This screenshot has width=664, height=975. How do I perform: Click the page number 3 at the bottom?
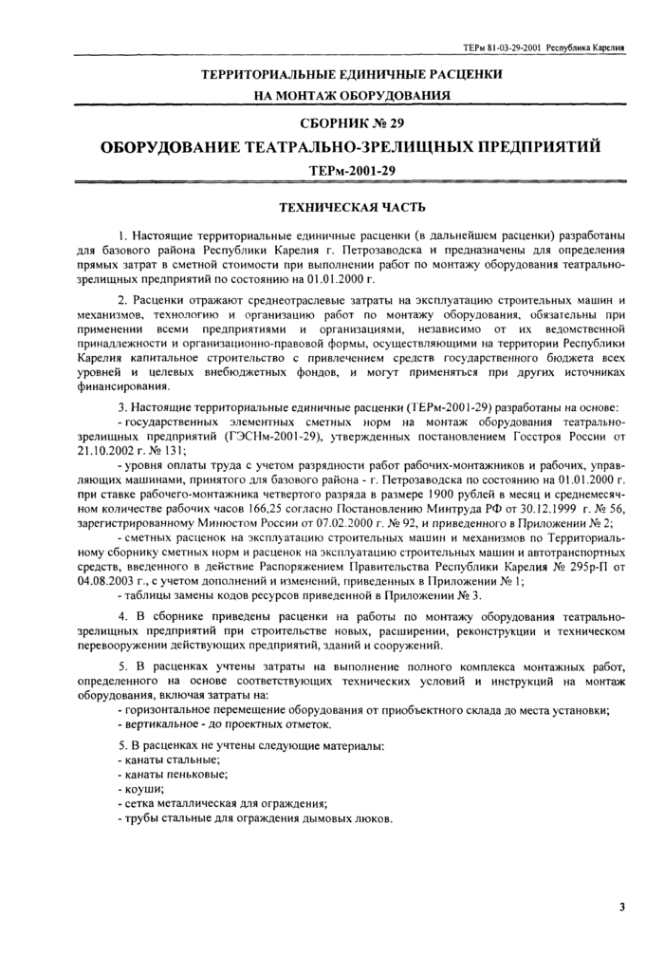coord(621,908)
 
